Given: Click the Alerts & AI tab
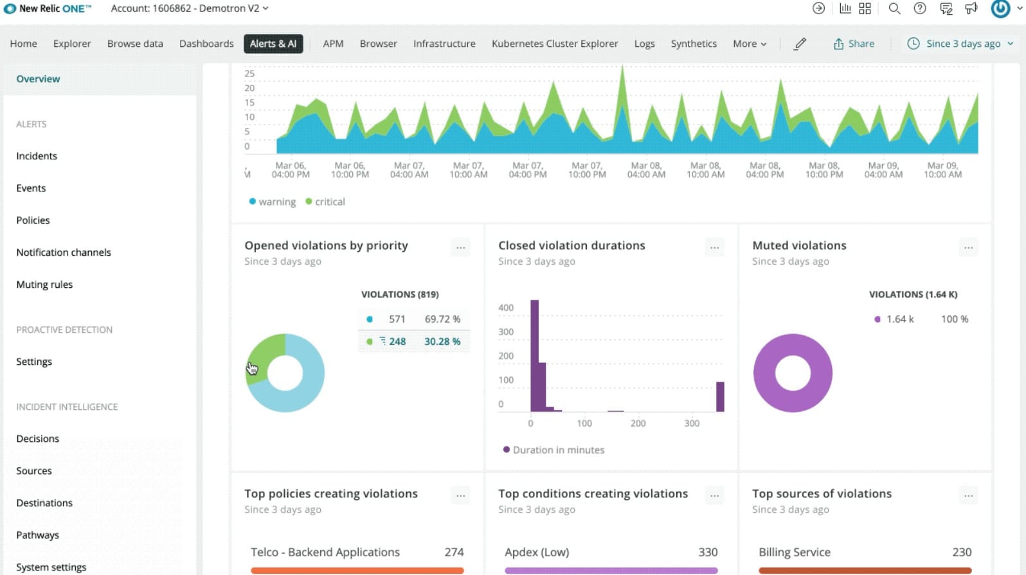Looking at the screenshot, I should coord(273,44).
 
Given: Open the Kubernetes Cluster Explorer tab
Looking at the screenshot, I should coord(554,44).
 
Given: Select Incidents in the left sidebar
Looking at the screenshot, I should coord(37,156).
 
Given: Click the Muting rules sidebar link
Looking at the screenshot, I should coord(44,285).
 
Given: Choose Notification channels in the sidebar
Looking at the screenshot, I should coord(64,252).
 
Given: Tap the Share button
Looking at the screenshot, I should coord(854,44).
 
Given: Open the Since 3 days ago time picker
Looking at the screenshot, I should coord(960,44).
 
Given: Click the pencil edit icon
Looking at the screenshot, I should coord(800,44).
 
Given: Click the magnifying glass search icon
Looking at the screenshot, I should coord(894,8).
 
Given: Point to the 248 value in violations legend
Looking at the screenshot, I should coord(397,342).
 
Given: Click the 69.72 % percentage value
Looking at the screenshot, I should coord(442,319).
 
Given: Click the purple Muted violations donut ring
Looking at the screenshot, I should coord(765,373).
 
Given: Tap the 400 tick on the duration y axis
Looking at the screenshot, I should coord(506,308).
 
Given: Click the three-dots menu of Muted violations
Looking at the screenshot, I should coord(968,247).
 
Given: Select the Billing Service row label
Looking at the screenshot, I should coord(794,552).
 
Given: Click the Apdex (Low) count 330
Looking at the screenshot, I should coord(707,552).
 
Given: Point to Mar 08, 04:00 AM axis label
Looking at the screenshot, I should coord(646,170).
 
